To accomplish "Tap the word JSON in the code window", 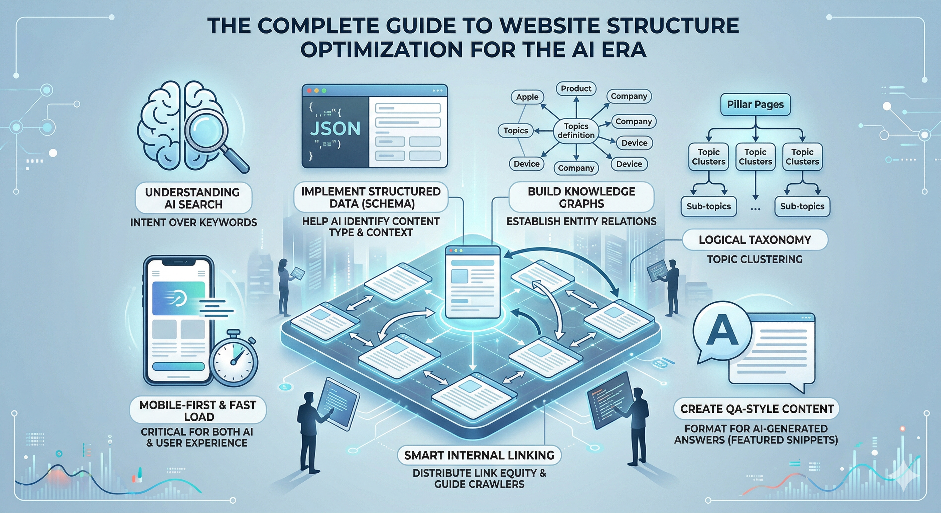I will click(x=335, y=129).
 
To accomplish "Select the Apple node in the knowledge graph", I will click(x=527, y=97).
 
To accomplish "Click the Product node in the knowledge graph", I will click(x=576, y=89).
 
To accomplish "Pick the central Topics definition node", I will click(x=576, y=131).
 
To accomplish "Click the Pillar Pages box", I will click(x=755, y=105).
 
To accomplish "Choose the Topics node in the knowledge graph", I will click(x=515, y=131).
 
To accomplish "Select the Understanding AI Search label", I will click(x=193, y=198).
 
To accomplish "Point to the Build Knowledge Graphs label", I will click(x=581, y=197).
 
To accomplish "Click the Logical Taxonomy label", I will click(x=755, y=240).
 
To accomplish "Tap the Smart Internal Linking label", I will click(x=479, y=455).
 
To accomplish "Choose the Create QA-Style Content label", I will click(x=757, y=409).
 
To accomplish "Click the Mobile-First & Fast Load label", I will click(x=197, y=411).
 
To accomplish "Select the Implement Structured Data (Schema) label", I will click(x=371, y=197).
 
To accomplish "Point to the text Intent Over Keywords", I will click(x=193, y=223).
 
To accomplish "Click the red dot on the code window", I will click(x=309, y=91).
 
